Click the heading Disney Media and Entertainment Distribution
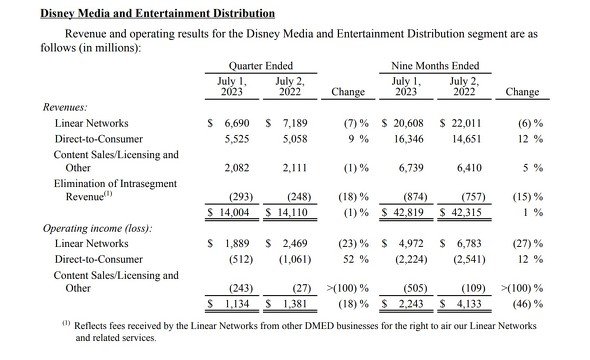pyautogui.click(x=157, y=14)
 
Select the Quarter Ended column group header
pyautogui.click(x=261, y=66)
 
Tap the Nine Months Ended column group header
pyautogui.click(x=435, y=66)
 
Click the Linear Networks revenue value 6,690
pyautogui.click(x=237, y=123)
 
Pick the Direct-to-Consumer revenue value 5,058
pyautogui.click(x=295, y=139)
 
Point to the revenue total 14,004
pyautogui.click(x=234, y=213)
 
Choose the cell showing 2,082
pyautogui.click(x=237, y=168)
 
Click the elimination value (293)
pyautogui.click(x=241, y=197)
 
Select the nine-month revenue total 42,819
pyautogui.click(x=408, y=213)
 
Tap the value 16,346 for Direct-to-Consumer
pyautogui.click(x=409, y=139)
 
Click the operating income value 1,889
pyautogui.click(x=237, y=243)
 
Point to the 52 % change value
pyautogui.click(x=356, y=259)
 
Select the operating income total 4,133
pyautogui.click(x=469, y=304)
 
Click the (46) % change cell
pyautogui.click(x=528, y=304)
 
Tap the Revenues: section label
pyautogui.click(x=65, y=107)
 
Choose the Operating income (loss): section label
pyautogui.click(x=97, y=228)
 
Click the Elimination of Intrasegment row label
pyautogui.click(x=115, y=184)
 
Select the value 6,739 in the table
pyautogui.click(x=411, y=168)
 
